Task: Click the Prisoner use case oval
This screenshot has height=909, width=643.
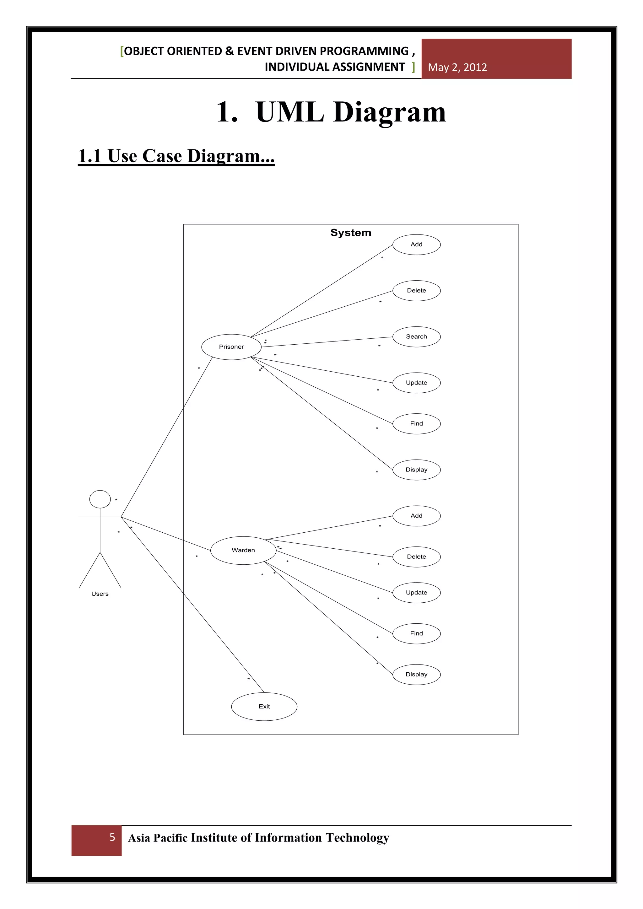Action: click(231, 347)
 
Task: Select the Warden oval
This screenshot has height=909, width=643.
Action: click(243, 550)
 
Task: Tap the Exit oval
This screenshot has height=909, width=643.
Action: click(264, 706)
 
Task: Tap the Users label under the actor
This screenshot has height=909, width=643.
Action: click(100, 594)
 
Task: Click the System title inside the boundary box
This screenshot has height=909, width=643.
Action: click(350, 233)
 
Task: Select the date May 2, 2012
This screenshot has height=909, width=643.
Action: click(457, 67)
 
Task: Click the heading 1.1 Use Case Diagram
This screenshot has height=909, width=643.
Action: click(176, 156)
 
